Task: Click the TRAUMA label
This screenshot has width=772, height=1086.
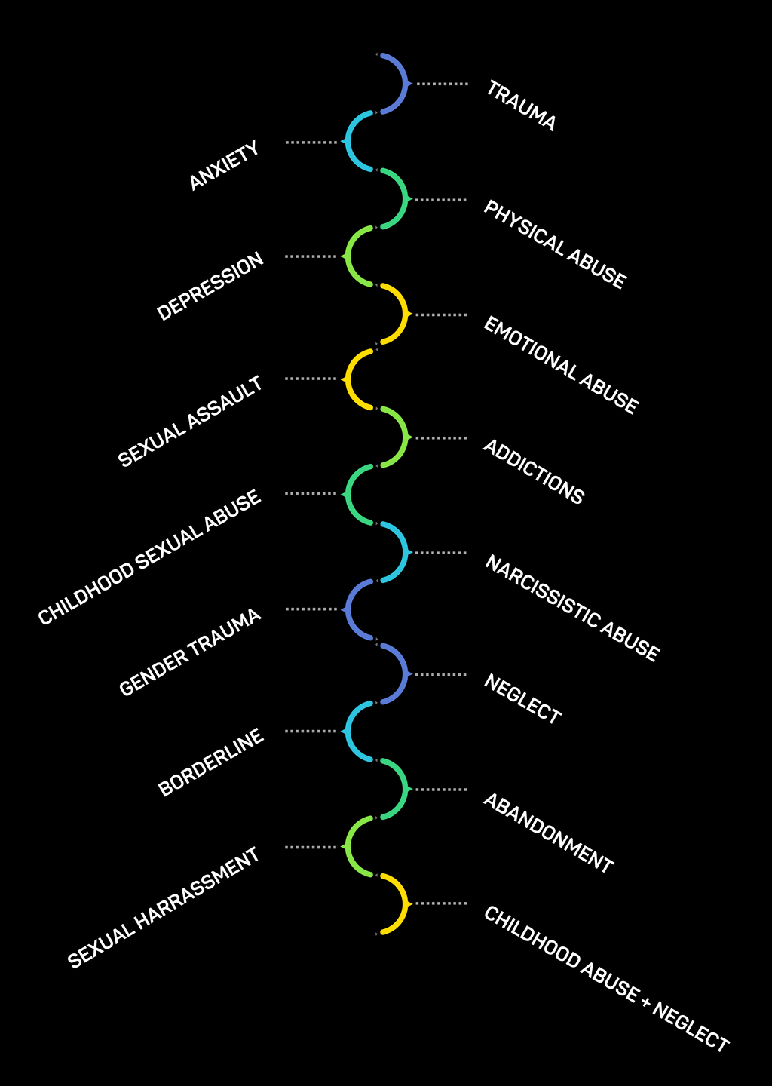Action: point(521,106)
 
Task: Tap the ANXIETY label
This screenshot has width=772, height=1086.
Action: point(224,166)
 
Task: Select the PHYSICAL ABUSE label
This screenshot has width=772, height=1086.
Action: point(554,244)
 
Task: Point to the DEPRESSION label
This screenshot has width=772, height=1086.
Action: point(210,287)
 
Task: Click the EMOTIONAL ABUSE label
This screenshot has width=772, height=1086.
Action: point(560,365)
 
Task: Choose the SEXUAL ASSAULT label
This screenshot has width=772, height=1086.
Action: point(191,422)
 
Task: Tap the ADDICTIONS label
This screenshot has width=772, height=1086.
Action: point(533,472)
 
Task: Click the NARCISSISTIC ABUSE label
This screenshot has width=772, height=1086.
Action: point(571,609)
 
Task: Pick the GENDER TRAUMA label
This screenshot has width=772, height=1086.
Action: point(191,652)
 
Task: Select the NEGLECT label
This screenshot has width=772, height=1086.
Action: point(522,700)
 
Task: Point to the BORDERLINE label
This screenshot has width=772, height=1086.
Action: point(211,762)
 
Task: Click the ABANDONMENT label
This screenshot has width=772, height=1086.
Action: point(548,833)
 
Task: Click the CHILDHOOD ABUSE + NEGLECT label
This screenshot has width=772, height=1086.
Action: point(606,979)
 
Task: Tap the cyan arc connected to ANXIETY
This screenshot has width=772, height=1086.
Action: point(348,141)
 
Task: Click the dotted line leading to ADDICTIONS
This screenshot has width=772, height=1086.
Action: point(441,438)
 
